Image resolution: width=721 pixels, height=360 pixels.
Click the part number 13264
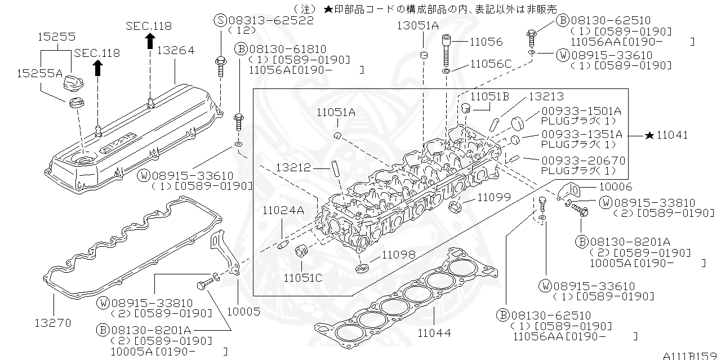pos(175,51)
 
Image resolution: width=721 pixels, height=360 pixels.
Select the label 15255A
pos(39,73)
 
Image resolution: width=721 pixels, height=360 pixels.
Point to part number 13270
pos(53,323)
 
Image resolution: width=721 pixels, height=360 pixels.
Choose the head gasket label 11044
pos(434,332)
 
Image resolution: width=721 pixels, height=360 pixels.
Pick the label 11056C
pos(491,64)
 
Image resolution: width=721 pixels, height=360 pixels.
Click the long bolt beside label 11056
pos(446,51)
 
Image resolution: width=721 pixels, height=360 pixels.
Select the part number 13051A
pos(417,25)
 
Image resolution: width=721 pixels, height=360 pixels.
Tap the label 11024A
pos(283,210)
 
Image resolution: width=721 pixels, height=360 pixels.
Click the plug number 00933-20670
pos(583,161)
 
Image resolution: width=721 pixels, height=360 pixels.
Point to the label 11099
pos(494,197)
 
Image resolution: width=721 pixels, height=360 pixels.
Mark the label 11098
pos(399,255)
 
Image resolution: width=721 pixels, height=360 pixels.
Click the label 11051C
pos(303,278)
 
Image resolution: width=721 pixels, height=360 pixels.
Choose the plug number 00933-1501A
pos(582,111)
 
